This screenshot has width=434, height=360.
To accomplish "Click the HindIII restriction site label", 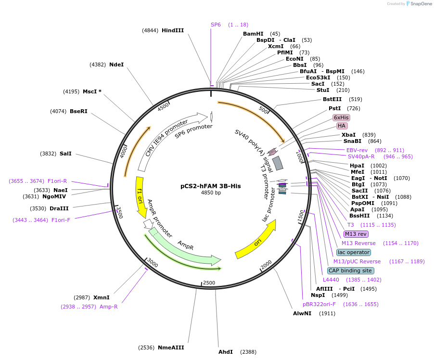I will click(x=173, y=30).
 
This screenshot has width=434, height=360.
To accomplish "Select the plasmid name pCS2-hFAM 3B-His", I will click(x=210, y=186).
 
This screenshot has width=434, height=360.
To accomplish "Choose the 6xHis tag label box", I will click(x=341, y=117).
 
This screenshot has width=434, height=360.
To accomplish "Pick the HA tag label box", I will click(x=342, y=126).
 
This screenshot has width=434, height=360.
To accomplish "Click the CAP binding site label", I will click(x=350, y=270).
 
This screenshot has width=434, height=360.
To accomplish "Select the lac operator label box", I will click(x=354, y=252).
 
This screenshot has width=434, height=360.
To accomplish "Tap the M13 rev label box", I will click(x=356, y=234).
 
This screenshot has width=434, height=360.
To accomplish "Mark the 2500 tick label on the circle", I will click(x=209, y=283).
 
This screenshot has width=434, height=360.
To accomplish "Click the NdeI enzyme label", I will click(x=116, y=64).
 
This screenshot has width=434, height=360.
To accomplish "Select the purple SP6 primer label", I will click(x=216, y=25).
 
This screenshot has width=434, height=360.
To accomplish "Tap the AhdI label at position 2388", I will click(x=226, y=352).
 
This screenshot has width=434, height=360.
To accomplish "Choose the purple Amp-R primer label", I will click(x=108, y=307).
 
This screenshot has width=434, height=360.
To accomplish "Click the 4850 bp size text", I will click(x=211, y=193).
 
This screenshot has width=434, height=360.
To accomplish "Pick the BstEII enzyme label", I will click(x=332, y=99).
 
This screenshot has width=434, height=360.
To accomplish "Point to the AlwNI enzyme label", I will click(x=302, y=313).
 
